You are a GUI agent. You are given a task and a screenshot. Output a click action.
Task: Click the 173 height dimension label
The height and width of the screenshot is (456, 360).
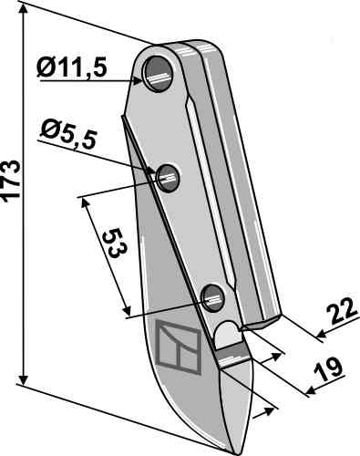(11, 181)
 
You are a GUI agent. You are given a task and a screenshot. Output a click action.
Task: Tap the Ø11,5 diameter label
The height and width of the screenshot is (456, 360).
(72, 67)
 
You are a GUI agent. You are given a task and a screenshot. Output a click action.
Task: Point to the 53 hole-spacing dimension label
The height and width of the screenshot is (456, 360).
(115, 244)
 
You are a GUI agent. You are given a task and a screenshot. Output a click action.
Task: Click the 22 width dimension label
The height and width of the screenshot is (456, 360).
(342, 311)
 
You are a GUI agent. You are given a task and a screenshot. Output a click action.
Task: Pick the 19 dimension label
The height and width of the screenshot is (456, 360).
(328, 369)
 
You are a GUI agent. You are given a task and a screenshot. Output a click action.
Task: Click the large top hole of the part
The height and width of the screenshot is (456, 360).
(159, 74)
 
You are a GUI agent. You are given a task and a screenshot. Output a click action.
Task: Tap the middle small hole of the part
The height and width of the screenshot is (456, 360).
(168, 179)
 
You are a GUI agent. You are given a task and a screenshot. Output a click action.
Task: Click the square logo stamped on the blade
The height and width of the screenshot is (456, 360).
(179, 347)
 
